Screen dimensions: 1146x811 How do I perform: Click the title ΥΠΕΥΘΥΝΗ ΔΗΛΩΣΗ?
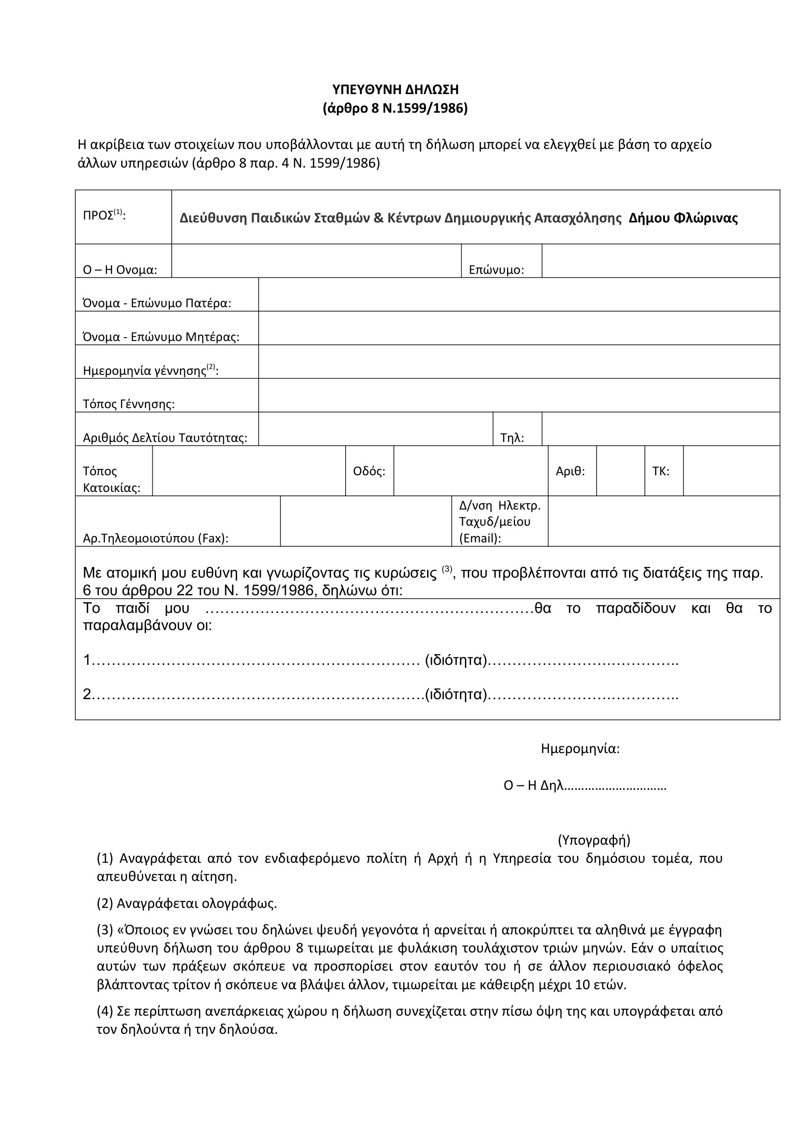395,90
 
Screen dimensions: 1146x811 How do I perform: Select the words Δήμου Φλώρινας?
683,218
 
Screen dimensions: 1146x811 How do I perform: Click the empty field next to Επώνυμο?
660,261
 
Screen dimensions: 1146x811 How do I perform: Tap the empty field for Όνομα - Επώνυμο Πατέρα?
519,294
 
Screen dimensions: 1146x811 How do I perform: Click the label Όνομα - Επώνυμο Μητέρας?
161,337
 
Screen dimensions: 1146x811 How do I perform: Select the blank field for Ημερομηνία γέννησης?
519,362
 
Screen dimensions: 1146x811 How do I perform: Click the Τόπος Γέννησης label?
128,404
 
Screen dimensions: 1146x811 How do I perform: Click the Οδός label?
369,471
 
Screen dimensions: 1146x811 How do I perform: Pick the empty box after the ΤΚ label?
731,471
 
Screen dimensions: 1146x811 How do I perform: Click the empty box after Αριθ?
620,471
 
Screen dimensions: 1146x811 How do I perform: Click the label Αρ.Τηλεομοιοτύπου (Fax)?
155,538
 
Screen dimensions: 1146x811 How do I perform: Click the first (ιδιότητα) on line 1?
456,660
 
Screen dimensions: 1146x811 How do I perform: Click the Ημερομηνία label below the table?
580,749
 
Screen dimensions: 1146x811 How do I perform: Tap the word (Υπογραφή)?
594,840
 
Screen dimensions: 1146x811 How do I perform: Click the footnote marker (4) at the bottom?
104,1012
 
